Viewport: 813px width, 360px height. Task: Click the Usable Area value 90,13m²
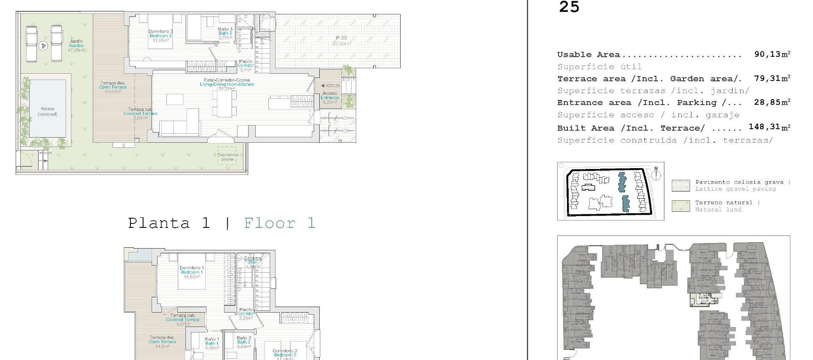[772, 54]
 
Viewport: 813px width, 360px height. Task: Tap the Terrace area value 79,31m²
[772, 78]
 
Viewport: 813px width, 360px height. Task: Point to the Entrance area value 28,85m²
[772, 102]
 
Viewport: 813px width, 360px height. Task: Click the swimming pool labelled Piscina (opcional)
[47, 109]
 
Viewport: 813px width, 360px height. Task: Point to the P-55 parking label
[341, 41]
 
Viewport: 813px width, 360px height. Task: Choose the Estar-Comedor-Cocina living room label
[227, 82]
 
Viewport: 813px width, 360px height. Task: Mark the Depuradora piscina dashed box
[227, 157]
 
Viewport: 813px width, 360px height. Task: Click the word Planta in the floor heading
[159, 223]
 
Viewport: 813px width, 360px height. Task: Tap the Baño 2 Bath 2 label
[244, 342]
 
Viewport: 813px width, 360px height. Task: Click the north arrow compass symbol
[656, 174]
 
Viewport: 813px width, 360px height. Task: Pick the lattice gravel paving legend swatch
[680, 186]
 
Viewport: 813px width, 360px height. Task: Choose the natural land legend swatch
[680, 206]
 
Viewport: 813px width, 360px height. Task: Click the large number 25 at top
[569, 7]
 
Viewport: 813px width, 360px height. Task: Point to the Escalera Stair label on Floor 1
[253, 260]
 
